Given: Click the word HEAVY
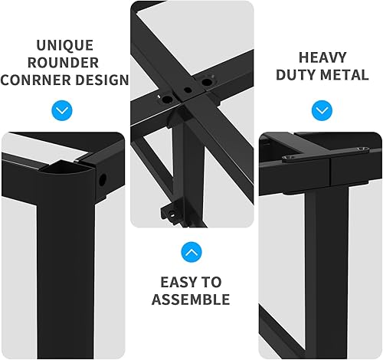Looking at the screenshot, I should [322, 58].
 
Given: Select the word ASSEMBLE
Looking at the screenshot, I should [191, 299].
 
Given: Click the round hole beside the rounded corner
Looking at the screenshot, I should [102, 182].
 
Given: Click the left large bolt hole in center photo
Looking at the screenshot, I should [164, 98].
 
